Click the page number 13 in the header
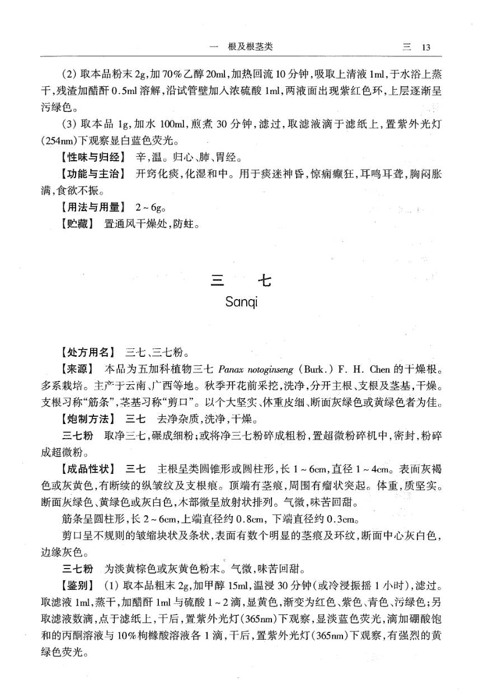point(425,48)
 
